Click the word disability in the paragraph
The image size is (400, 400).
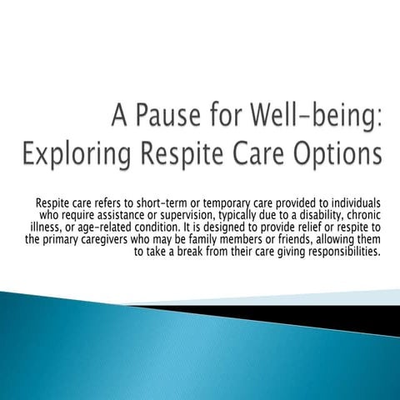(x=321, y=214)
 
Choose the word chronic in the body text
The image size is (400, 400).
(x=363, y=214)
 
